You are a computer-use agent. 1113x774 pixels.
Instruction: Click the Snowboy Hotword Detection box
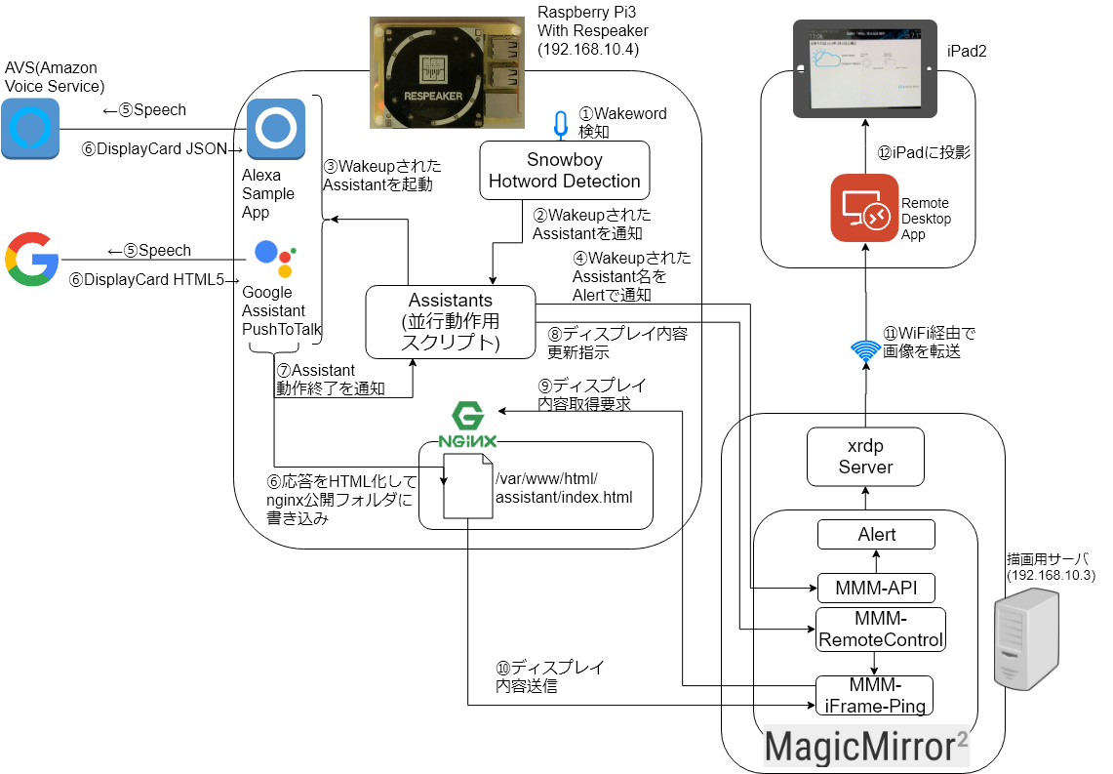[x=564, y=170]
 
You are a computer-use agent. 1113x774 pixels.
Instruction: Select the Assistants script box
[x=451, y=321]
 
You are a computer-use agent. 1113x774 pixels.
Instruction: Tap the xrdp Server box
[x=865, y=457]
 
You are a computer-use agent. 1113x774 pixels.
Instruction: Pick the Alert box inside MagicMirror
[x=876, y=534]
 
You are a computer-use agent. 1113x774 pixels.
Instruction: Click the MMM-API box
[x=875, y=588]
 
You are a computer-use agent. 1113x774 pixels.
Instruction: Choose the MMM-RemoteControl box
[x=880, y=630]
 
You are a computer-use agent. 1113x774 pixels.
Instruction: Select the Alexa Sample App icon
[x=275, y=129]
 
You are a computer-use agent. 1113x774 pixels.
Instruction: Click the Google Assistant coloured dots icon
[x=276, y=259]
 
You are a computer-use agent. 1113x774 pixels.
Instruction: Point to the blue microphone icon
[x=560, y=124]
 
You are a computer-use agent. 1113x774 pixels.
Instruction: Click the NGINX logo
[x=468, y=424]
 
